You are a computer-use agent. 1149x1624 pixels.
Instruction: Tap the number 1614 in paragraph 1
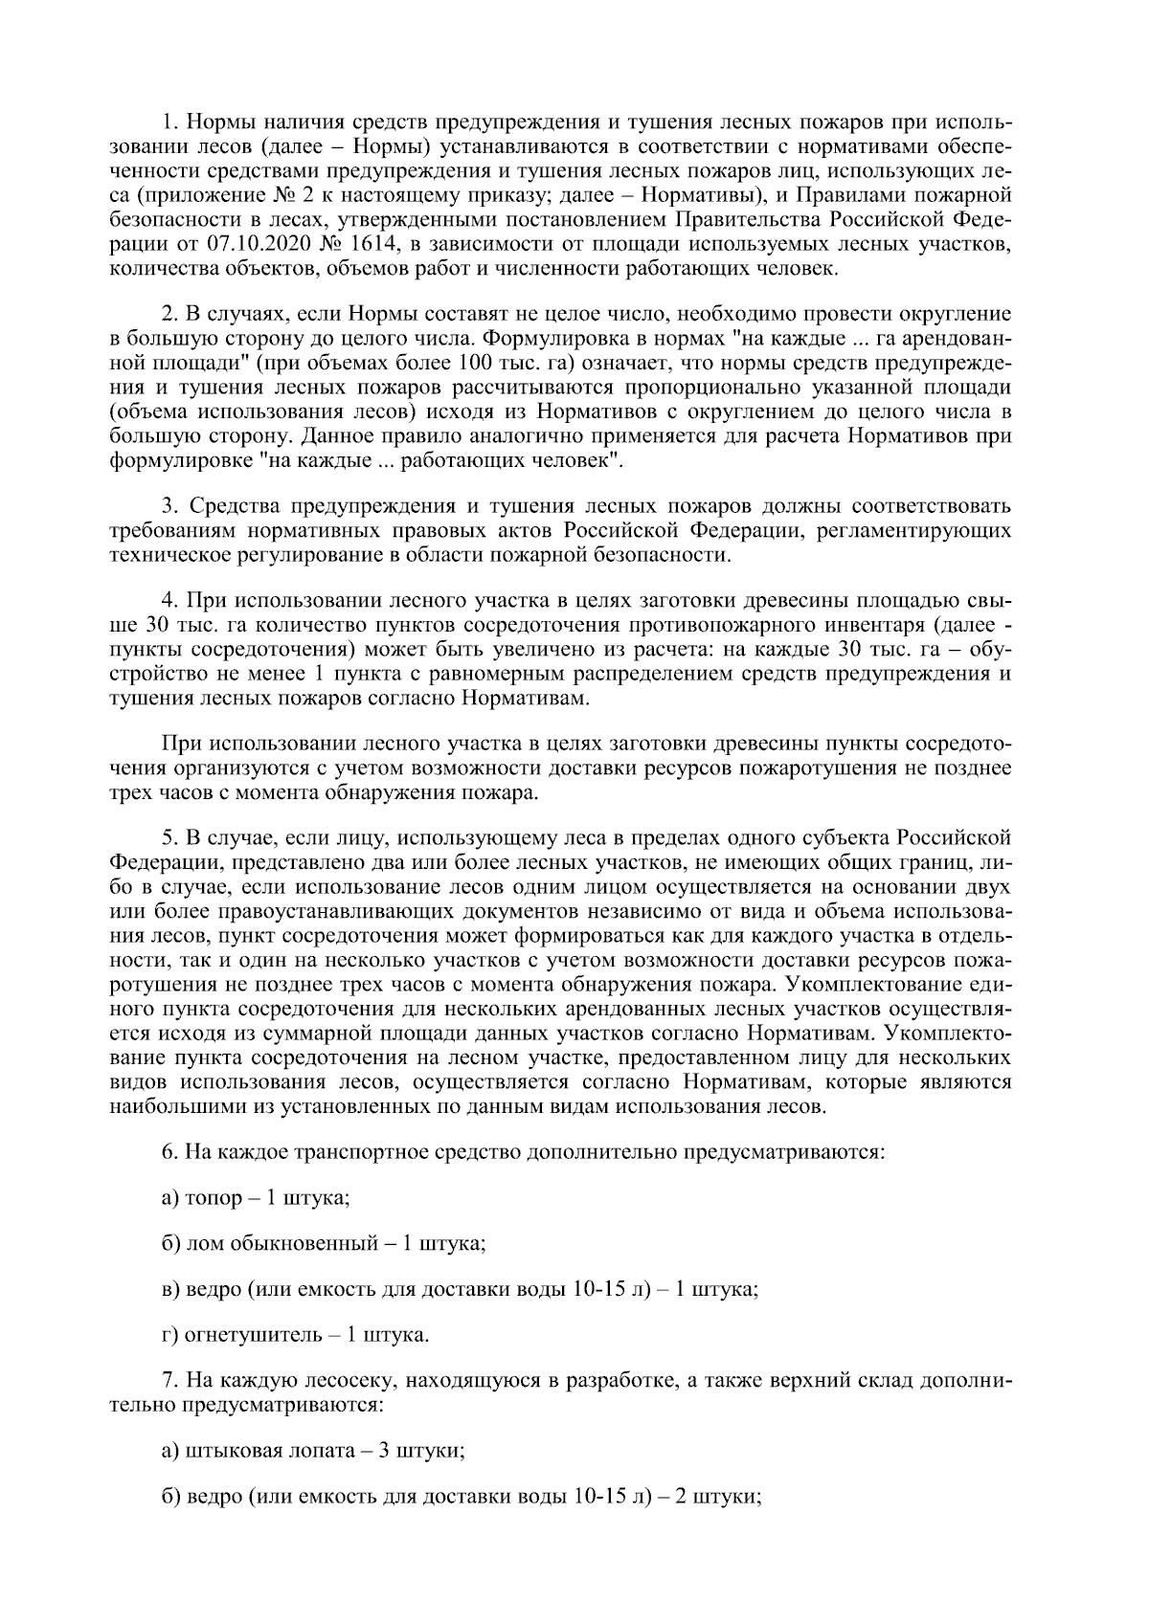pyautogui.click(x=361, y=246)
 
